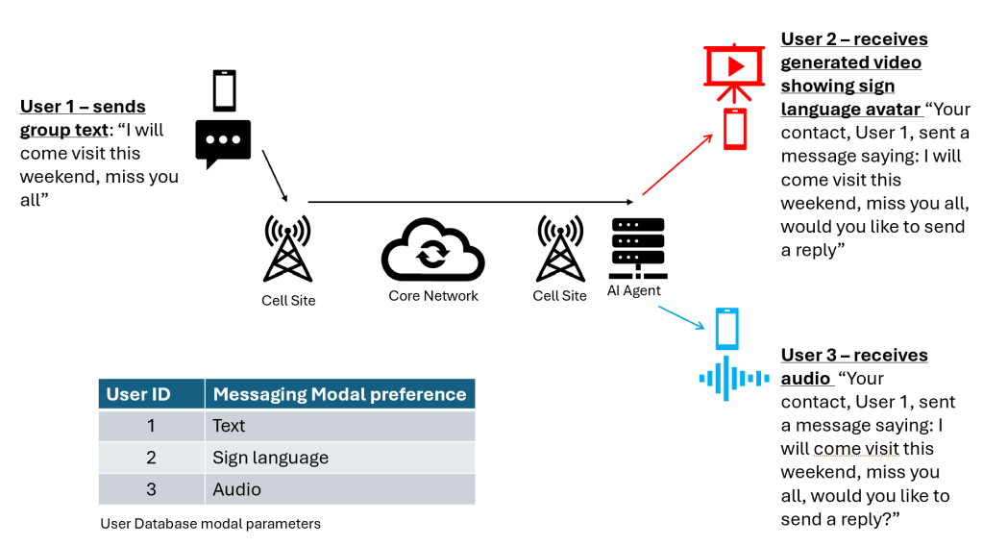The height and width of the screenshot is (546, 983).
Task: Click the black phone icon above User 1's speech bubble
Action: click(x=224, y=91)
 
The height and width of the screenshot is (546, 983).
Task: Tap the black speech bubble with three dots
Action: click(x=223, y=143)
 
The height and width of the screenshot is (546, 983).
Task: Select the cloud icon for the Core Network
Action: click(x=432, y=252)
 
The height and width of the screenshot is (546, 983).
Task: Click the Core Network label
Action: click(x=432, y=296)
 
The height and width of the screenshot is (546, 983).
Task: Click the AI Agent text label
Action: click(x=633, y=290)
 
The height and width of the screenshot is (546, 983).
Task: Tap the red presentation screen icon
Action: click(x=734, y=72)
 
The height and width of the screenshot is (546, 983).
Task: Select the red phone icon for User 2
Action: click(x=734, y=129)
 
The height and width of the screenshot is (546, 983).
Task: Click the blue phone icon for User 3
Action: click(x=727, y=329)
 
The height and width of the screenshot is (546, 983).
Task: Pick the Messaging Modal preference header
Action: click(x=339, y=394)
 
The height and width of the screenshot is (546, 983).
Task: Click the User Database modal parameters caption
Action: click(x=210, y=524)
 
